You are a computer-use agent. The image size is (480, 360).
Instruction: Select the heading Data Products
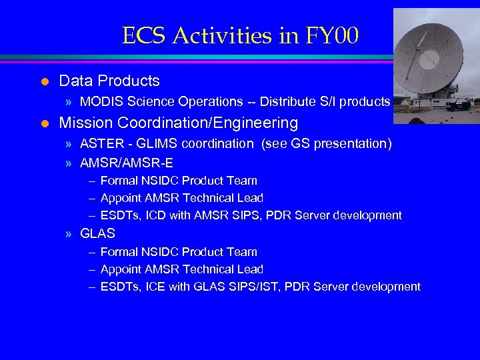(x=109, y=81)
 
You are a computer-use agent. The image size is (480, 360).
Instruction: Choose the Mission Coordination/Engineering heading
(x=178, y=123)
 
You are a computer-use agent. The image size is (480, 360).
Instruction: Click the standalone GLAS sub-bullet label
(x=97, y=234)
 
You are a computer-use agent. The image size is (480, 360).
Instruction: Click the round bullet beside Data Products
(x=44, y=82)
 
